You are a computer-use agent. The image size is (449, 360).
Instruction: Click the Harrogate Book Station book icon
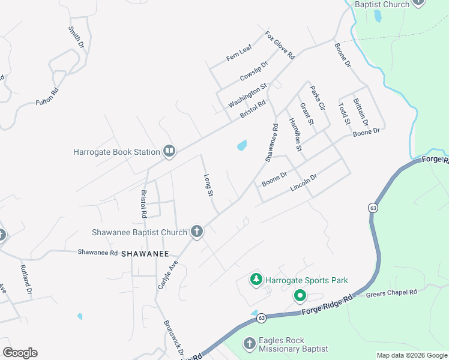pyautogui.click(x=169, y=151)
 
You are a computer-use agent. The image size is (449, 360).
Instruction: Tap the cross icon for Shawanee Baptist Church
pyautogui.click(x=196, y=232)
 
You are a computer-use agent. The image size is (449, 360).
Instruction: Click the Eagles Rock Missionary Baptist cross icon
pyautogui.click(x=250, y=344)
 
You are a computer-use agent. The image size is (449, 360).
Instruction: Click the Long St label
pyautogui.click(x=209, y=185)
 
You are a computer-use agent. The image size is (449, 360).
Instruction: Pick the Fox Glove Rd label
pyautogui.click(x=280, y=46)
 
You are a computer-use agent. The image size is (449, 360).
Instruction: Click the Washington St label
pyautogui.click(x=247, y=96)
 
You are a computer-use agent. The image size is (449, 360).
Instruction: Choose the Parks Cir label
pyautogui.click(x=317, y=98)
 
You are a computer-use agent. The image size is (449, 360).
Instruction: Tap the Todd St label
pyautogui.click(x=344, y=113)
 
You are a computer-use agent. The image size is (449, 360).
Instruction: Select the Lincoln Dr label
pyautogui.click(x=303, y=183)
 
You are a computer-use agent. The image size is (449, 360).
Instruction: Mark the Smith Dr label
pyautogui.click(x=76, y=37)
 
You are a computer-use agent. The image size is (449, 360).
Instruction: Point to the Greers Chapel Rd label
pyautogui.click(x=391, y=292)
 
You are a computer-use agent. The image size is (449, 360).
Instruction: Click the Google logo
pyautogui.click(x=20, y=353)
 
